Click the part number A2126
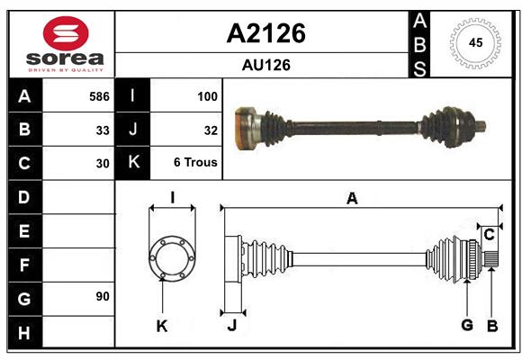pyautogui.click(x=265, y=33)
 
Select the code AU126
pyautogui.click(x=265, y=65)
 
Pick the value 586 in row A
pyautogui.click(x=99, y=95)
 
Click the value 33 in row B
pyautogui.click(x=103, y=130)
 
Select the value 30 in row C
pyautogui.click(x=103, y=164)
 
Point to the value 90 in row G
pyautogui.click(x=103, y=296)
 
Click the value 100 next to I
pyautogui.click(x=207, y=95)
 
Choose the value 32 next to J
pyautogui.click(x=211, y=130)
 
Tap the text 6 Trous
pyautogui.click(x=195, y=164)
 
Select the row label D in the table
pyautogui.click(x=24, y=196)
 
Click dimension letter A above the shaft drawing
pyautogui.click(x=352, y=199)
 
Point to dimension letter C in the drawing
pyautogui.click(x=489, y=235)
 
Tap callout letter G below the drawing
pyautogui.click(x=466, y=325)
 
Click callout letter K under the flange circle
pyautogui.click(x=162, y=326)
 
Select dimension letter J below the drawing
pyautogui.click(x=231, y=326)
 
